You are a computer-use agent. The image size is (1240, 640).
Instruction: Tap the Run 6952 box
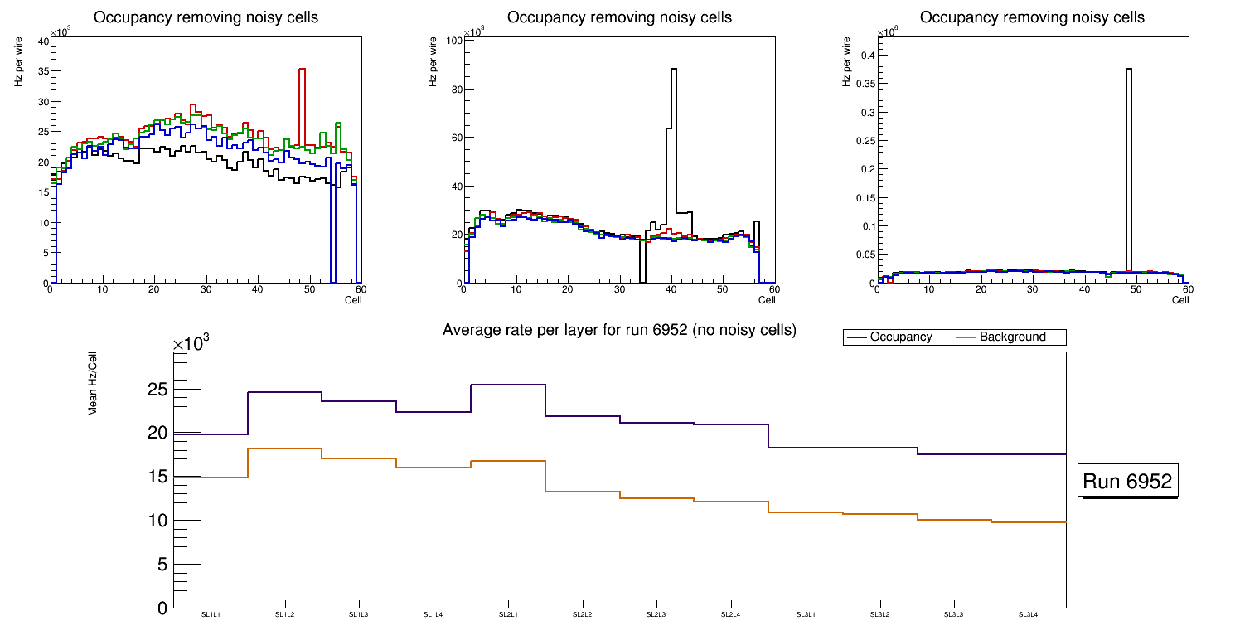pyautogui.click(x=1128, y=482)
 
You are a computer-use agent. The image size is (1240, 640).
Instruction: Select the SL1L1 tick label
pyautogui.click(x=211, y=614)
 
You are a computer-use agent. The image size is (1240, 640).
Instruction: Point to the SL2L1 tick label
pyautogui.click(x=508, y=614)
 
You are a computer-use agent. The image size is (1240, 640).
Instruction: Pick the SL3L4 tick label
pyautogui.click(x=1029, y=614)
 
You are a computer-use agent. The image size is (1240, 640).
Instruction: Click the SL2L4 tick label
pyautogui.click(x=731, y=614)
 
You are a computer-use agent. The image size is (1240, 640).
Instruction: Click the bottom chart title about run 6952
pyautogui.click(x=619, y=330)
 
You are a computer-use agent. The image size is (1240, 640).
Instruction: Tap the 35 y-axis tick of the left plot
pyautogui.click(x=42, y=71)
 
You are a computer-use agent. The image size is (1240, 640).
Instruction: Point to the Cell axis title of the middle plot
pyautogui.click(x=766, y=300)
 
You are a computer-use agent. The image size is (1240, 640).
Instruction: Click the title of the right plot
pyautogui.click(x=1032, y=17)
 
